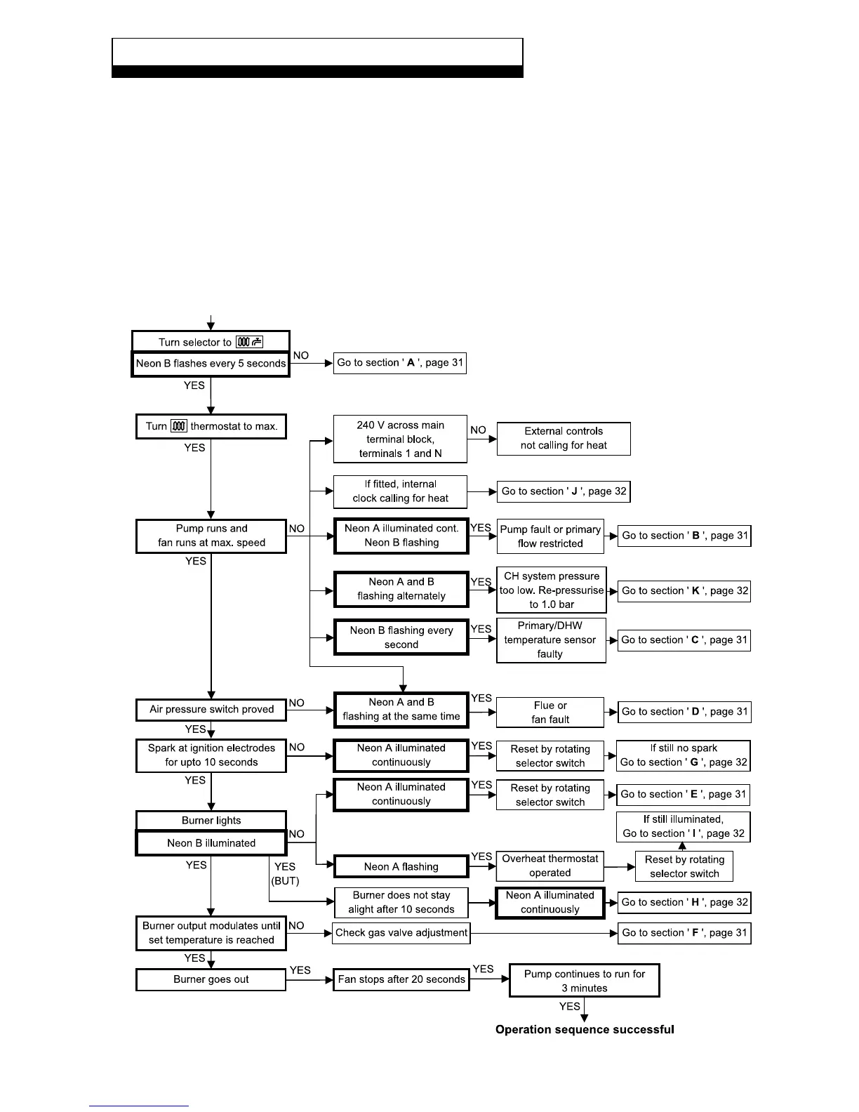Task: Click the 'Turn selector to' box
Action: (x=211, y=342)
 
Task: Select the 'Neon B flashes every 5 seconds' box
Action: (x=211, y=364)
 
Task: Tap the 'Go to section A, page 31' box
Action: (x=400, y=363)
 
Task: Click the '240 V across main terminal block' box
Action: (x=400, y=439)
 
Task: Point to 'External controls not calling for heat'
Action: (x=564, y=439)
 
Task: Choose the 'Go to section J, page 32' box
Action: (x=564, y=491)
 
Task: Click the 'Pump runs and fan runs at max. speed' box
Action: (x=211, y=536)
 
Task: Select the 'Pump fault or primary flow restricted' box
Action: (x=550, y=536)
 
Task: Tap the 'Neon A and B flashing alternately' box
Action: (x=401, y=589)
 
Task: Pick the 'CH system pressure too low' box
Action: (x=552, y=590)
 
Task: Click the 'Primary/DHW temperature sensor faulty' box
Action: (x=551, y=640)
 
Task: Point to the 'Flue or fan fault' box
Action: (x=550, y=712)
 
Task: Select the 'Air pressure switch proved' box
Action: (x=211, y=710)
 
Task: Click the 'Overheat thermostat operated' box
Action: (x=550, y=866)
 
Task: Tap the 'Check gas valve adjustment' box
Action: (x=401, y=933)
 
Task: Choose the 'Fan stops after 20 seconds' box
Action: (x=401, y=979)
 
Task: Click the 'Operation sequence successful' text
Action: (x=585, y=1030)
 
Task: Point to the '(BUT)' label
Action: (x=285, y=881)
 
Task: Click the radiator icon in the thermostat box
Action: (x=179, y=426)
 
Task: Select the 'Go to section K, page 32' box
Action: (x=684, y=591)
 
